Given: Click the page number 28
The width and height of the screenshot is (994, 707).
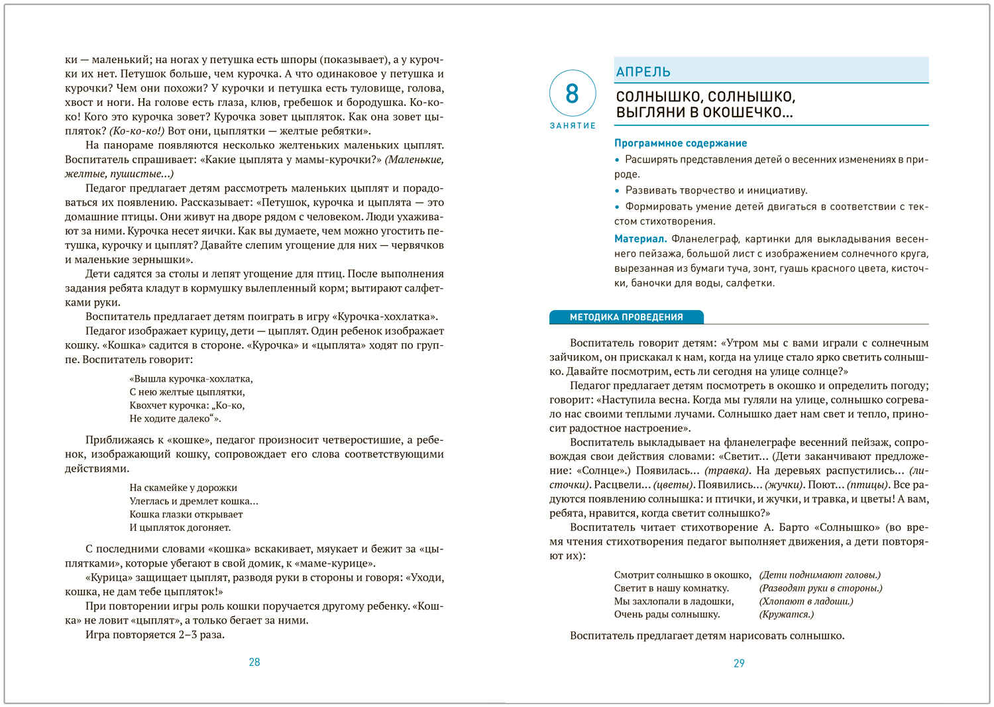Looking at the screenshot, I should tap(254, 662).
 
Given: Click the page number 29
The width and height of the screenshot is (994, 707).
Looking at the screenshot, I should tap(739, 663).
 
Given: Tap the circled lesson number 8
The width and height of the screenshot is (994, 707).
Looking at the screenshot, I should tap(573, 93).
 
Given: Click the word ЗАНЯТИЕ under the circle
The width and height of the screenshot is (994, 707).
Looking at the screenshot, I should tap(573, 125).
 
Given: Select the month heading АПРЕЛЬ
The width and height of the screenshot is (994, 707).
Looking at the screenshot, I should tap(643, 72).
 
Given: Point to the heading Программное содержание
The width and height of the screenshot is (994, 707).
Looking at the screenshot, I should tap(681, 143).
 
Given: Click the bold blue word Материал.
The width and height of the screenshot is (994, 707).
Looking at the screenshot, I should tap(640, 239).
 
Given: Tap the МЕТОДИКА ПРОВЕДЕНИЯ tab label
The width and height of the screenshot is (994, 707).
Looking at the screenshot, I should tap(626, 317).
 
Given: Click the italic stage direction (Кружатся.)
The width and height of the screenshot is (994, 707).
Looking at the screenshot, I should tap(787, 614).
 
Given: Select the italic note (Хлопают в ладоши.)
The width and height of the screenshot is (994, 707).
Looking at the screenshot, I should tap(806, 601).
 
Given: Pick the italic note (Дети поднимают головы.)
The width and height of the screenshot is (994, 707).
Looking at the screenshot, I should tap(820, 575).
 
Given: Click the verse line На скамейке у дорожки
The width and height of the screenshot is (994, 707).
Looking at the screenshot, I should tap(183, 488).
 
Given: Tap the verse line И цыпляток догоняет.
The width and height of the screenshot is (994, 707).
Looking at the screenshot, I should tap(180, 527).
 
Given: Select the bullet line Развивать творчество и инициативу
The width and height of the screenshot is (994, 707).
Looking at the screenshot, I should tap(716, 191).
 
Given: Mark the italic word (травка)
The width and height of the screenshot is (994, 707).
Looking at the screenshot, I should tap(727, 470).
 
